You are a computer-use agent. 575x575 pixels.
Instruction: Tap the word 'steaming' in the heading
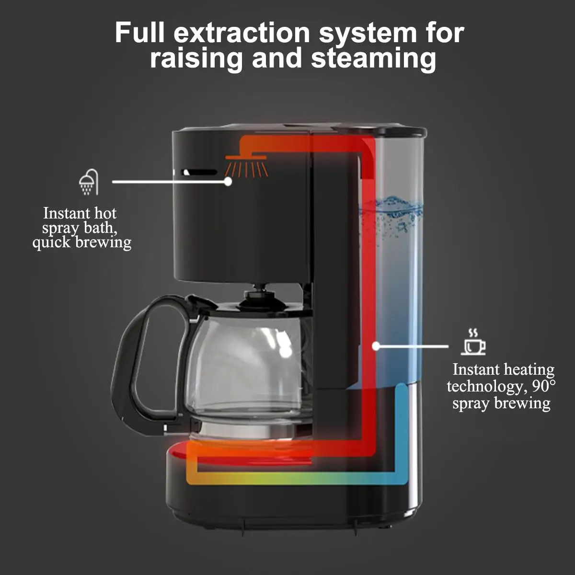pos(373,58)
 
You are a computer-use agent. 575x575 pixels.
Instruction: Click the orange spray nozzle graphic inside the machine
pos(246,165)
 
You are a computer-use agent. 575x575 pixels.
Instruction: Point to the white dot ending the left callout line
pos(228,182)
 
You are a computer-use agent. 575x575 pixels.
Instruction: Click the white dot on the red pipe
pos(376,345)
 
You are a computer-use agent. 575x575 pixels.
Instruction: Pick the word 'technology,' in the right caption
pos(484,386)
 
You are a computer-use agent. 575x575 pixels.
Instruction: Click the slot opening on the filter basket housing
pos(199,172)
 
